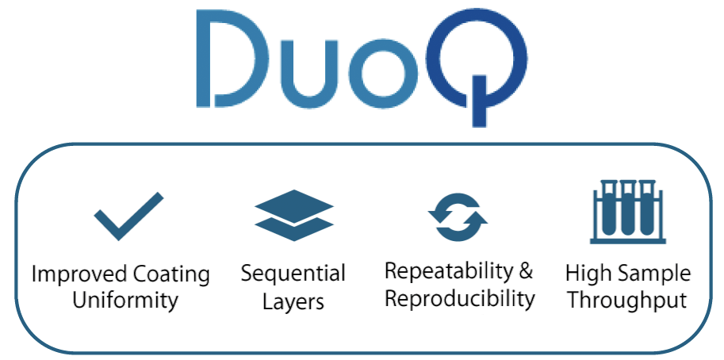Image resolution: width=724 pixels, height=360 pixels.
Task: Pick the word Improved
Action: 80,275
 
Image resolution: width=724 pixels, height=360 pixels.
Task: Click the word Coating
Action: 171,275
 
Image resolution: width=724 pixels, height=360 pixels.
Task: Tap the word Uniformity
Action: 125,301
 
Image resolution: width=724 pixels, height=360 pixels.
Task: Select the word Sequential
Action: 293,274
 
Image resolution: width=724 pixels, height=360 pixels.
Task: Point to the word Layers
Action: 293,302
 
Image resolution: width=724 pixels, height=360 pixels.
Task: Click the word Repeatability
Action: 448,272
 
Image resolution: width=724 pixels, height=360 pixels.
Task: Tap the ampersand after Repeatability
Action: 526,271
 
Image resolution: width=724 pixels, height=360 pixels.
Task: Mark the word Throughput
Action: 627,301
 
